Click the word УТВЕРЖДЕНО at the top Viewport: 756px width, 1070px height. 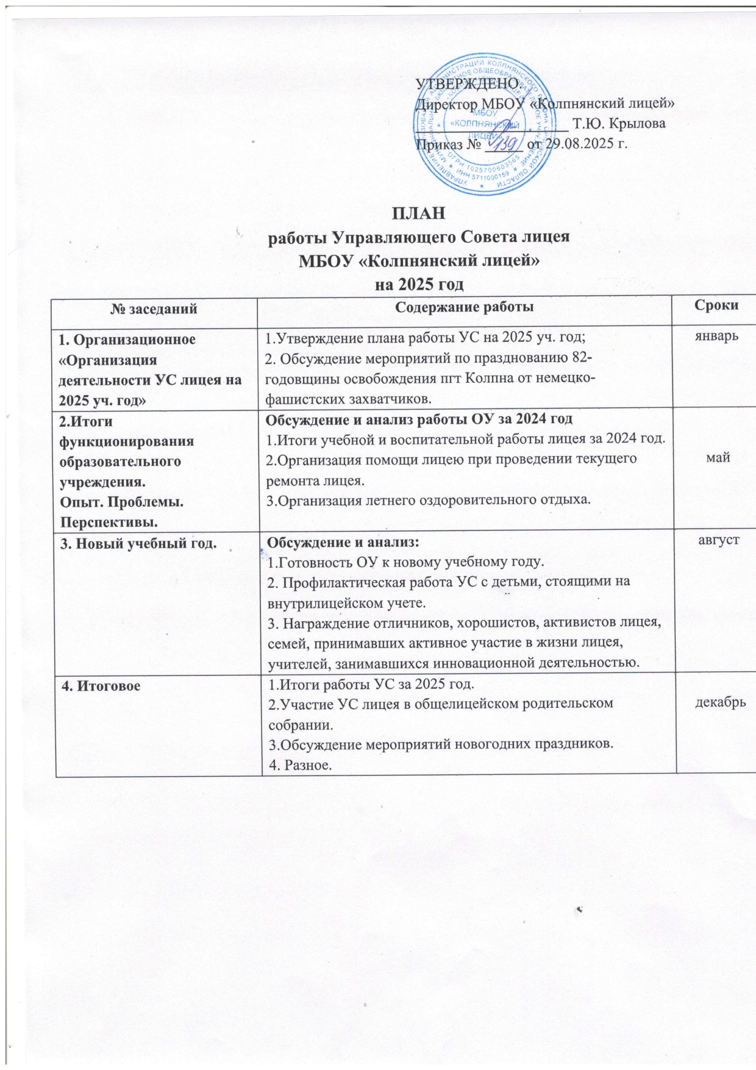[466, 84]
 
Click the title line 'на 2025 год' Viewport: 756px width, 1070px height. [419, 284]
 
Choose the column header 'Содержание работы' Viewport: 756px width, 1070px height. [465, 307]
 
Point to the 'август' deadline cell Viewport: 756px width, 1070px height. [717, 540]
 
